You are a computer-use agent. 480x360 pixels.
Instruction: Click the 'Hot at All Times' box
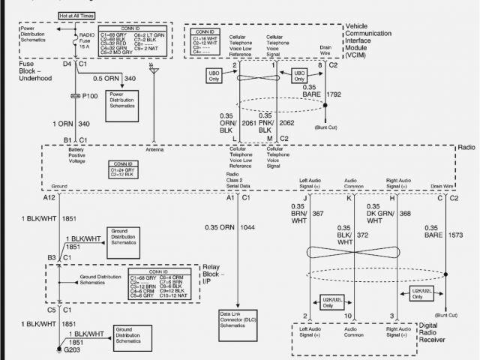click(x=76, y=14)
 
